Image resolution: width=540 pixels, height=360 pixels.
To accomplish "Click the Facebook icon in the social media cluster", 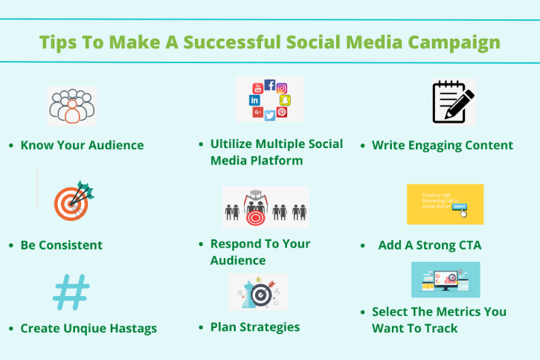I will tap(269, 85).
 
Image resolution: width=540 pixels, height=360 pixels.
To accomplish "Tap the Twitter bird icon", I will tap(269, 115).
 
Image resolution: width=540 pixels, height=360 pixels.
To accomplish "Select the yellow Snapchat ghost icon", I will tap(284, 100).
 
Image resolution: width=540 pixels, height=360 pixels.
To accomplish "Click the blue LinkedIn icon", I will tap(254, 100).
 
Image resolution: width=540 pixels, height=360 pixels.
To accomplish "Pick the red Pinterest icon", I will tap(282, 112).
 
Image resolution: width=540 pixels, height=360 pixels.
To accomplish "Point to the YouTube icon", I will tap(257, 87).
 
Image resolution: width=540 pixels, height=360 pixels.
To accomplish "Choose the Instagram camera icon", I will tap(282, 88).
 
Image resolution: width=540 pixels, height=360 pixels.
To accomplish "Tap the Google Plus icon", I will tap(257, 112).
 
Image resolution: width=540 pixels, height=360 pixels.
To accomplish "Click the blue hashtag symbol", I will tap(71, 292).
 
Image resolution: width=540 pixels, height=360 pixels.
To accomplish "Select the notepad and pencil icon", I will tap(452, 103).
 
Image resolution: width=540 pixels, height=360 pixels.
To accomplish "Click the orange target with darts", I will tap(72, 201).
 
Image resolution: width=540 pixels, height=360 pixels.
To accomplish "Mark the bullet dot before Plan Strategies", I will tap(202, 327).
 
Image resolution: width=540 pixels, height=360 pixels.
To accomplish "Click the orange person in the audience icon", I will tap(71, 112).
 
